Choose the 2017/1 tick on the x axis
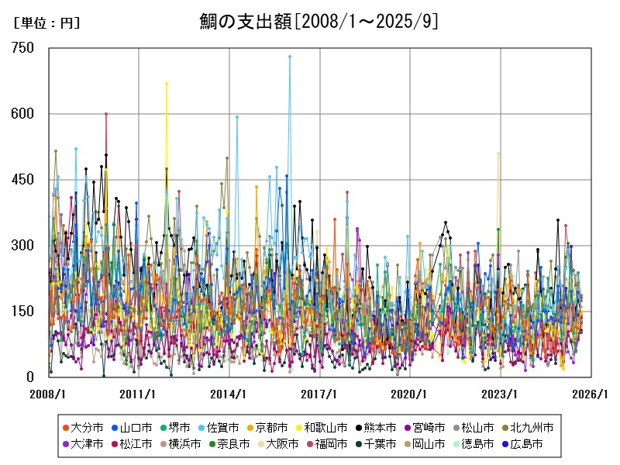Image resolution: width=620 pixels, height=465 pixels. point(320,394)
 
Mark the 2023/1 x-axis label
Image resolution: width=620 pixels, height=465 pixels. point(501,394)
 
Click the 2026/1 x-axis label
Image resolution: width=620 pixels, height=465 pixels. point(591,394)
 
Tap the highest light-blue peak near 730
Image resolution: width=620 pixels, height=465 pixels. point(290,57)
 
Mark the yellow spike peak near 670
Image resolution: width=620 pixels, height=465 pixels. point(167,83)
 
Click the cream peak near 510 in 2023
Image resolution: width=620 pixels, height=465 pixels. point(498,153)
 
